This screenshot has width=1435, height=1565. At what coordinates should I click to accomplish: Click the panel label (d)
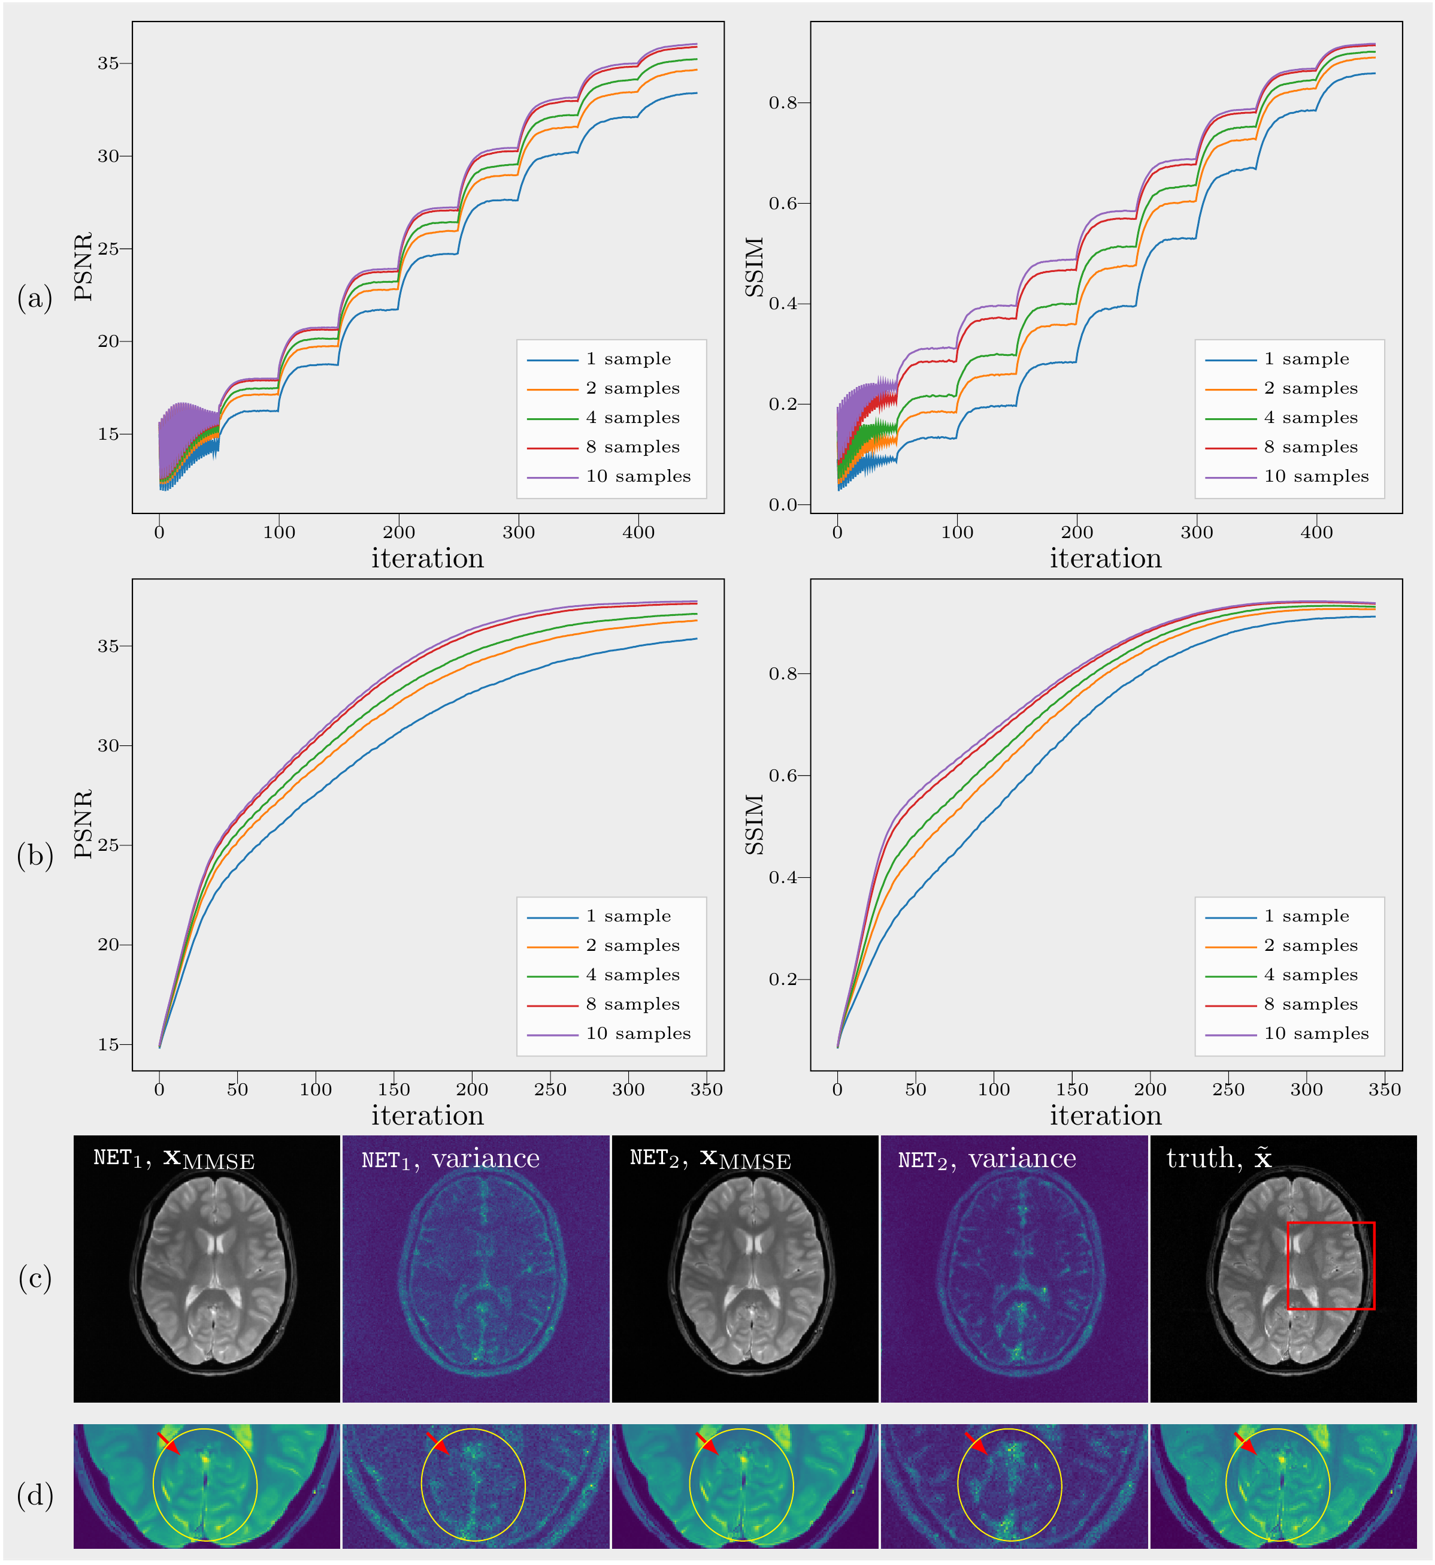pos(35,1494)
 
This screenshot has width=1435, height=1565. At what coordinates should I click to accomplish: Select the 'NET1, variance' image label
pos(450,1159)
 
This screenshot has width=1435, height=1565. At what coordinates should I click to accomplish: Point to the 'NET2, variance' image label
pos(987,1159)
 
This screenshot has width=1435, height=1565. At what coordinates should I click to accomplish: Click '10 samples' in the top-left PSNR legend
pos(638,476)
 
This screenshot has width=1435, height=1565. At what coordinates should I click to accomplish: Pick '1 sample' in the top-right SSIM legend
pos(1306,359)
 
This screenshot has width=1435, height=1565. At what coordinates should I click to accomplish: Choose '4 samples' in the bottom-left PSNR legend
pos(633,975)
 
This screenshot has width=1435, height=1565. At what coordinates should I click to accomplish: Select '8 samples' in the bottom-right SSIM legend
pos(1311,1004)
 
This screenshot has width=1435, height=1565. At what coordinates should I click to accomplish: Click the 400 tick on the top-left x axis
pos(638,533)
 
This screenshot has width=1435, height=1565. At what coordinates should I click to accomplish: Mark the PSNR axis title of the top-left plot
pos(83,267)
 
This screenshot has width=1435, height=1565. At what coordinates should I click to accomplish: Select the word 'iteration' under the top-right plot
pos(1105,559)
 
